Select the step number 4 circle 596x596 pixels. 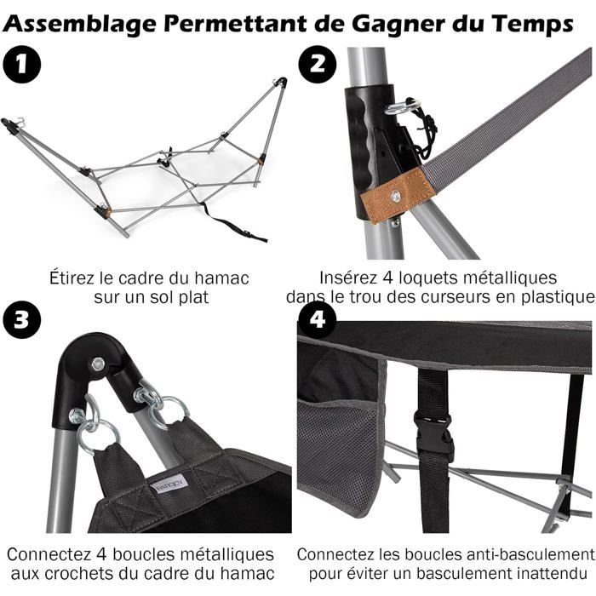[x=318, y=319]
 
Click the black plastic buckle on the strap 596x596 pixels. [x=435, y=435]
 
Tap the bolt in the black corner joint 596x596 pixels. [x=99, y=364]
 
